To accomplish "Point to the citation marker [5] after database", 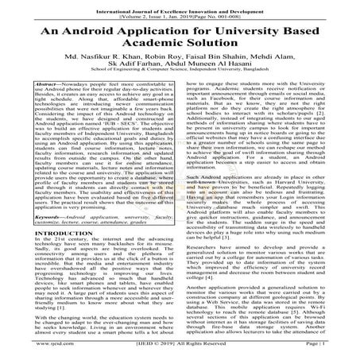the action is pyautogui.click(x=302, y=309).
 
